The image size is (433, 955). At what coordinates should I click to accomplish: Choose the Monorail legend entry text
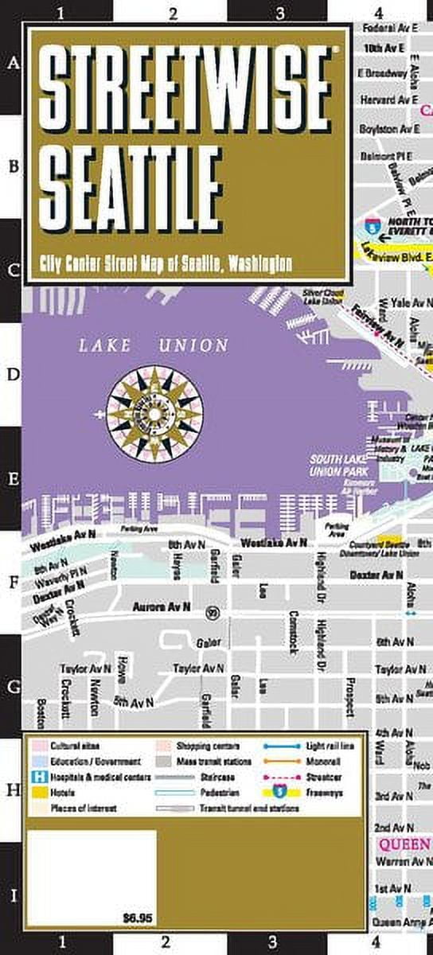323,762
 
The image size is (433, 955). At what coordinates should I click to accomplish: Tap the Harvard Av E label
388,99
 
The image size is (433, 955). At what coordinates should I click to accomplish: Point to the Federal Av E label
390,26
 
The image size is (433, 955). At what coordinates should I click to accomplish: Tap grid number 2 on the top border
173,12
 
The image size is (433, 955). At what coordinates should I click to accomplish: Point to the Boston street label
41,713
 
